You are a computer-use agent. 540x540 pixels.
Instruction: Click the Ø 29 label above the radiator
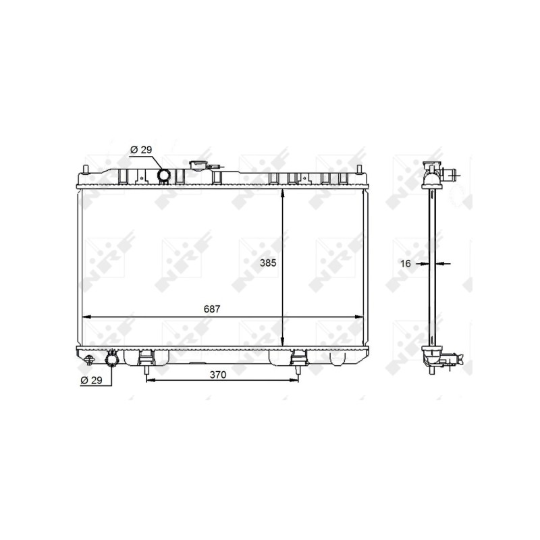pos(141,150)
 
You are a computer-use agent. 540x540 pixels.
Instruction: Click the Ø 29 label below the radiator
pos(91,380)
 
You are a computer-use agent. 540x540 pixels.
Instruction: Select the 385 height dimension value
pos(268,263)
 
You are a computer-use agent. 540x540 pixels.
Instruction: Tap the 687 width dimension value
pos(212,309)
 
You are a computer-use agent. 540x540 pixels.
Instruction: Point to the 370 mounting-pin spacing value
pos(218,375)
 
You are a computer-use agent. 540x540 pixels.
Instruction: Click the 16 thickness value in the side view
pos(406,264)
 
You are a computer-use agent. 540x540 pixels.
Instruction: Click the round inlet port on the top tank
pos(163,175)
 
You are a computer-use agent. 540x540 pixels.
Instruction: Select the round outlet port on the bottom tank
pos(111,360)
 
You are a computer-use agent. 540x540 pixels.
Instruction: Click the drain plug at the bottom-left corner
pos(89,360)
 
